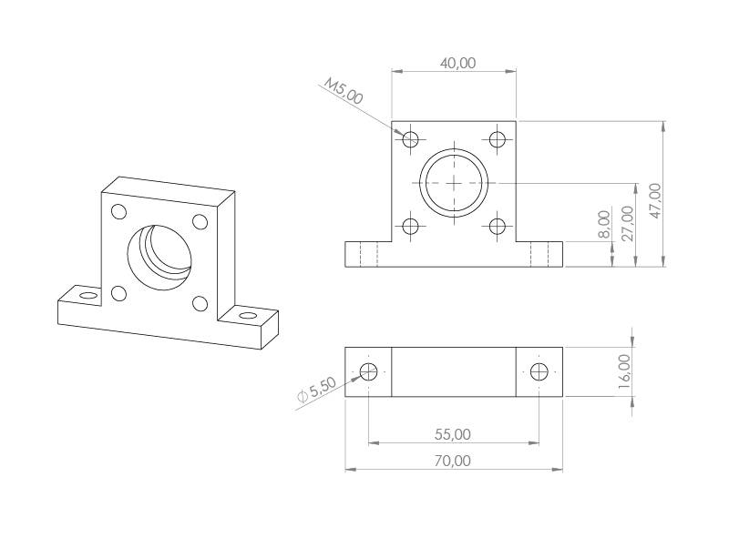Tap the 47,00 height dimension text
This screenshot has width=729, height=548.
click(x=654, y=199)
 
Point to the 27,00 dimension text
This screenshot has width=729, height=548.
click(x=627, y=223)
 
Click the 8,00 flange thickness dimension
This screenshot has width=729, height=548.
click(x=603, y=225)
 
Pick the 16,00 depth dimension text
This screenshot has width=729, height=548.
click(x=623, y=371)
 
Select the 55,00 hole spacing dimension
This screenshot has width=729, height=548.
click(x=453, y=434)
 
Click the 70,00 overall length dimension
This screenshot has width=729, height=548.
click(x=453, y=461)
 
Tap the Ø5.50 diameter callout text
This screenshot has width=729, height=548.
click(x=317, y=390)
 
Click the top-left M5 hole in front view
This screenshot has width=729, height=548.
click(x=411, y=139)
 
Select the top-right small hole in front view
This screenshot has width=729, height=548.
click(x=497, y=139)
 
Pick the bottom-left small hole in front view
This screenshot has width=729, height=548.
click(x=411, y=226)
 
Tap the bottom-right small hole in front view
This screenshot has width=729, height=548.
click(x=497, y=226)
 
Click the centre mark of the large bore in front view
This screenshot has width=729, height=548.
click(x=454, y=182)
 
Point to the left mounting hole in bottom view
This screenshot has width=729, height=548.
click(x=369, y=371)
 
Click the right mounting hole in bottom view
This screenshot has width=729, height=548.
click(x=539, y=371)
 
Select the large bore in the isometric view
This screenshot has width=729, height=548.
click(x=160, y=255)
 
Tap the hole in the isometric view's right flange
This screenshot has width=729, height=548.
click(x=247, y=315)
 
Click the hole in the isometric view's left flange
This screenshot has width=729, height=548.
click(x=87, y=296)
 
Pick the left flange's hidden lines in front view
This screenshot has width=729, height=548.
click(x=368, y=254)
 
